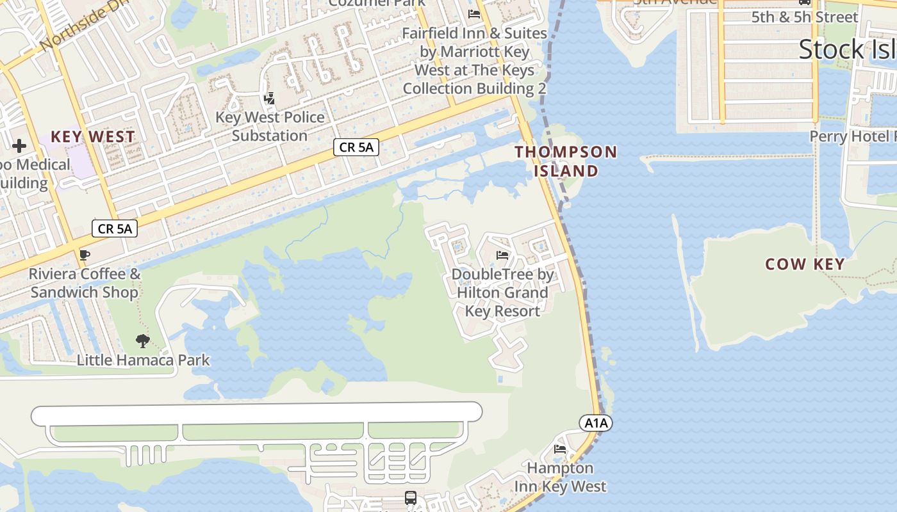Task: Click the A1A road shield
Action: [596, 423]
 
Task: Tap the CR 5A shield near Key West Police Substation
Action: [356, 147]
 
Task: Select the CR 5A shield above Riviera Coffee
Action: [115, 228]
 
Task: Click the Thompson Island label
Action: [566, 161]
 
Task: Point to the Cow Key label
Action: [805, 264]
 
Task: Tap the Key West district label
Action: [93, 136]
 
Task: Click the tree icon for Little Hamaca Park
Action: [143, 341]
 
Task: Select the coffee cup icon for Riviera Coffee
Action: [84, 255]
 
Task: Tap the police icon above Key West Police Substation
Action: [270, 99]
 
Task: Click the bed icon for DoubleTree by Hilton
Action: [502, 255]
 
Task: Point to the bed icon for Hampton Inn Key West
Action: [560, 449]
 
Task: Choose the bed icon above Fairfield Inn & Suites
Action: [474, 13]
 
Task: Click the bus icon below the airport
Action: [411, 497]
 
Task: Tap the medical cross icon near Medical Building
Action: [19, 146]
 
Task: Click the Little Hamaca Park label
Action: [143, 360]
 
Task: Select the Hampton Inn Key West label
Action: [560, 477]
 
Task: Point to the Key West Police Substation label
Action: [270, 126]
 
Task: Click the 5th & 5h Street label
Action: [804, 17]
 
